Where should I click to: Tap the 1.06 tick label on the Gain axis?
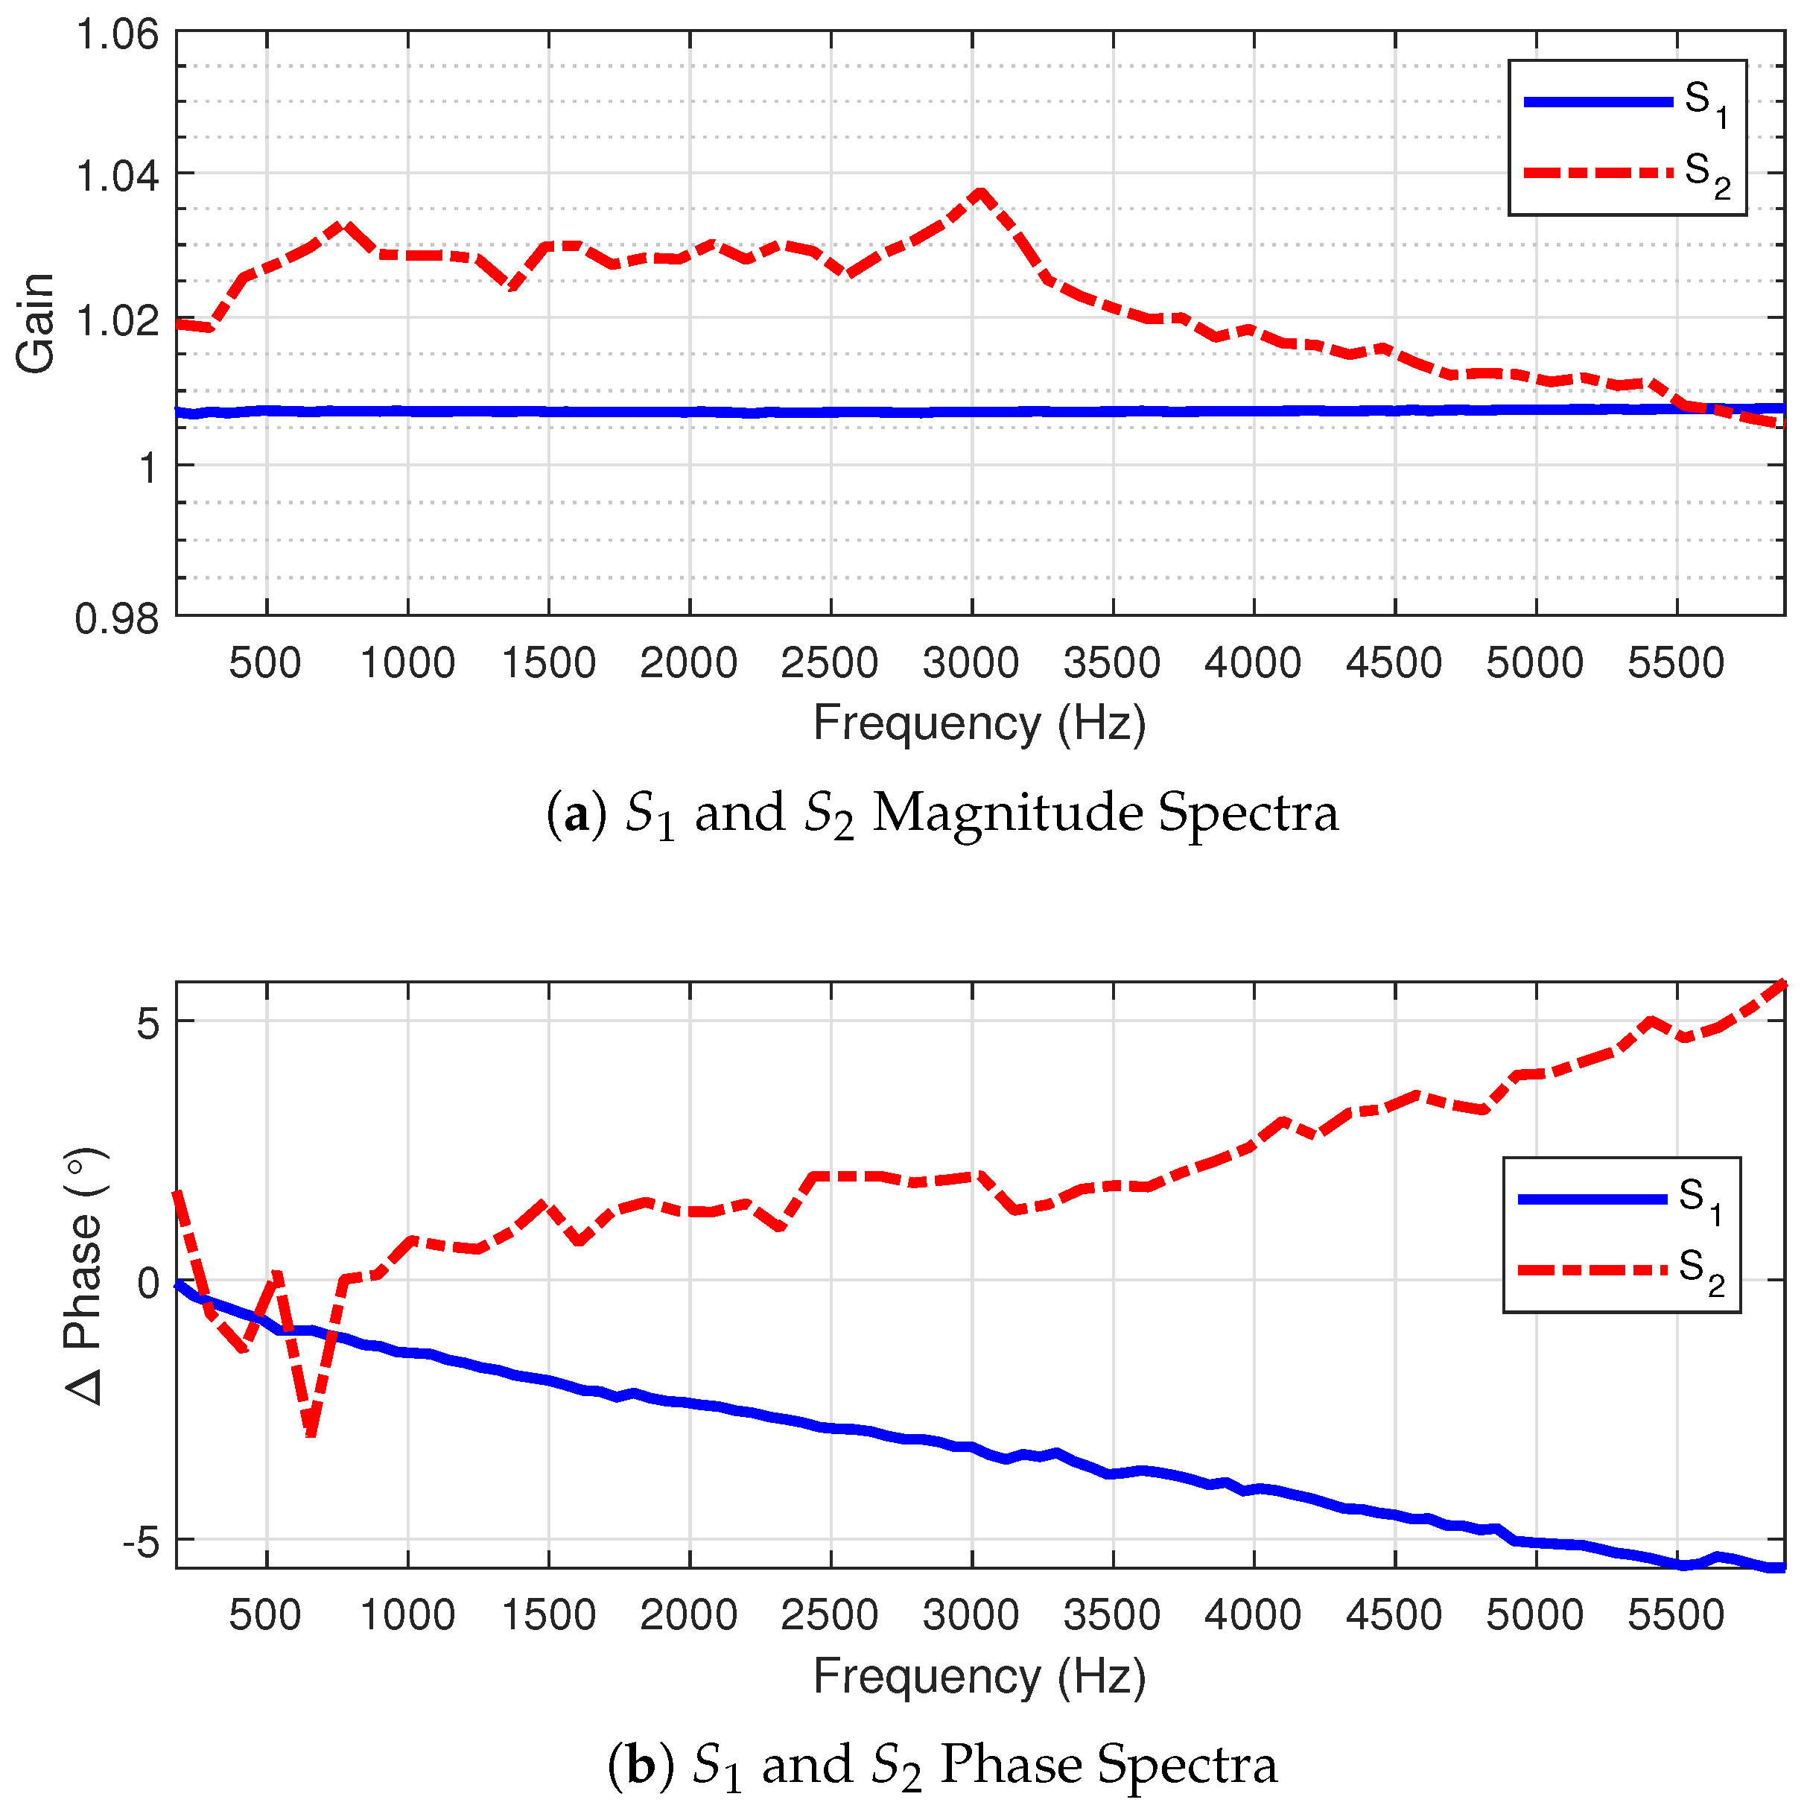[x=117, y=36]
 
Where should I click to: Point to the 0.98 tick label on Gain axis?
[x=117, y=619]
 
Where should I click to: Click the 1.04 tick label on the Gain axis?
[x=117, y=176]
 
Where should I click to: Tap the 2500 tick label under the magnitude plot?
[x=829, y=664]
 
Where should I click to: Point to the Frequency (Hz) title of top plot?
[x=979, y=724]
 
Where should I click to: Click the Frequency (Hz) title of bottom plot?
[x=979, y=1677]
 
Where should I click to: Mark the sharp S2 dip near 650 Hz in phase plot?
[x=311, y=1433]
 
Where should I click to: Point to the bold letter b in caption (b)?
[x=641, y=1764]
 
